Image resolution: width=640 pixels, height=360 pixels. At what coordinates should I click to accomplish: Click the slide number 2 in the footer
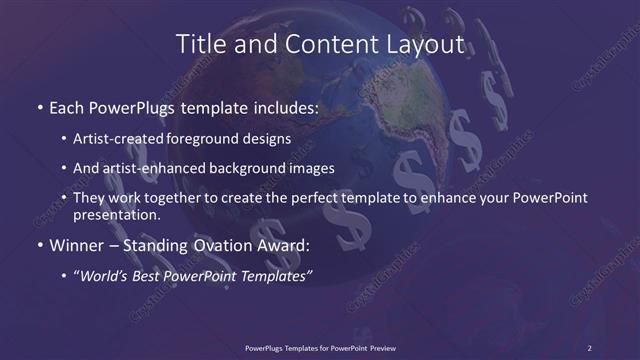[590, 347]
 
